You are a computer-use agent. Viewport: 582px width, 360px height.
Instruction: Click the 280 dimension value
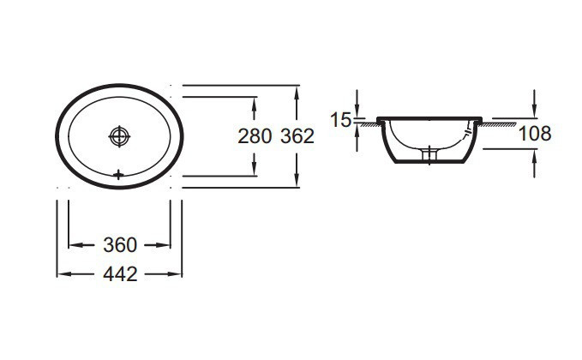click(255, 135)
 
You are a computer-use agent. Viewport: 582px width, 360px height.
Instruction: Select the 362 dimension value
click(297, 135)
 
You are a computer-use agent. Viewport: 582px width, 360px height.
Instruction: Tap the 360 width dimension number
click(120, 245)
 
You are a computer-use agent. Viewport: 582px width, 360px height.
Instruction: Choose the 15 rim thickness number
click(341, 120)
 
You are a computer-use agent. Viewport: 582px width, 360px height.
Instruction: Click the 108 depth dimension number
click(534, 133)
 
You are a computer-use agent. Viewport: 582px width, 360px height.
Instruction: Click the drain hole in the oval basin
click(118, 135)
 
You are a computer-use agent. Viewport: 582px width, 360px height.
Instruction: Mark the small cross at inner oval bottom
click(118, 174)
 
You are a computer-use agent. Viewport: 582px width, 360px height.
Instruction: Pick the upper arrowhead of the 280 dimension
click(255, 102)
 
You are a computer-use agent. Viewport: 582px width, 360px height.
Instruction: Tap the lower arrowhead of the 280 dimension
click(255, 169)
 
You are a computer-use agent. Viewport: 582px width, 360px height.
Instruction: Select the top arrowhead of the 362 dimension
click(297, 90)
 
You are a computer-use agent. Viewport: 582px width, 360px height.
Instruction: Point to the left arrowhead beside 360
click(73, 245)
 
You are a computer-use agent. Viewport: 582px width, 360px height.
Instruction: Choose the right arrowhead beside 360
click(165, 245)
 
